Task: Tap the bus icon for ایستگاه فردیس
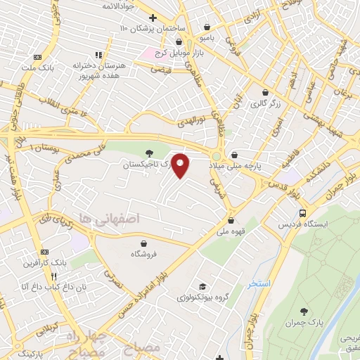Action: click(302, 213)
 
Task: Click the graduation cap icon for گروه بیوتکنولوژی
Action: click(202, 286)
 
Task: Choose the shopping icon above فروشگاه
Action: click(134, 243)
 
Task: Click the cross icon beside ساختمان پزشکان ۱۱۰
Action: click(153, 17)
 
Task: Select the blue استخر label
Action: click(258, 284)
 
